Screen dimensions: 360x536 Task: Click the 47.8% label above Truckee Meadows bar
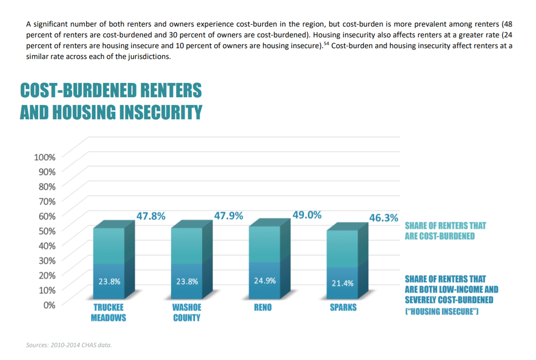(151, 216)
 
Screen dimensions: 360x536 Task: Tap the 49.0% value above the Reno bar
(307, 215)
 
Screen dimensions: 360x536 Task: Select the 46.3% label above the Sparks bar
(384, 218)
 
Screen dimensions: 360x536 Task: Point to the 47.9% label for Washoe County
(229, 216)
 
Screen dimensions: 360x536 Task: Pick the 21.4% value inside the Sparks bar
(342, 283)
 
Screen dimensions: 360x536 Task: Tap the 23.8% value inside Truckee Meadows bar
(109, 282)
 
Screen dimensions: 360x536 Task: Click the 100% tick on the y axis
(45, 157)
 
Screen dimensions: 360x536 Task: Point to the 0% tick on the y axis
(49, 305)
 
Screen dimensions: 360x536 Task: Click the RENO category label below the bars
(263, 308)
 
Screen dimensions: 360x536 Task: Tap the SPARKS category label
(343, 308)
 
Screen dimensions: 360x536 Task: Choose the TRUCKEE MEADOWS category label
(108, 313)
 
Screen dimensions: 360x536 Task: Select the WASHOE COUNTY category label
(187, 313)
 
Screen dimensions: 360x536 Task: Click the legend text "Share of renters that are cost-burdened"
(445, 231)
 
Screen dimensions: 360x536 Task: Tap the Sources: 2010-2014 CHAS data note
(68, 345)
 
